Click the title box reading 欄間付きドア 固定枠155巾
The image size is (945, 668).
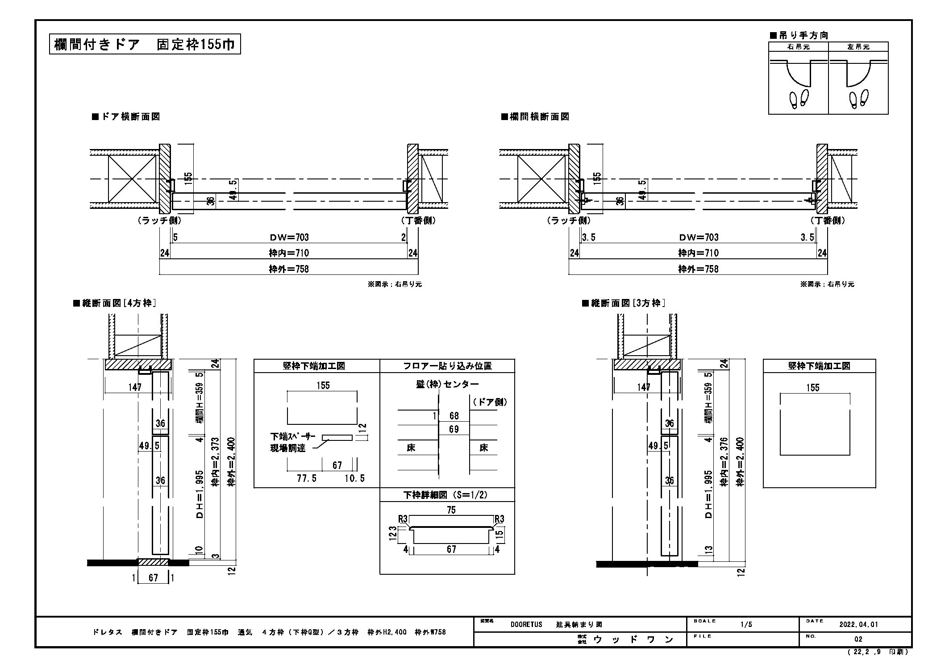coord(145,45)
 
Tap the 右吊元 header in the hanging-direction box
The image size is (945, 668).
coord(798,47)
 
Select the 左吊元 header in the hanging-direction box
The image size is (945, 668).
coord(858,47)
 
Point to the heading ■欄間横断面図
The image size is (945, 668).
coord(535,117)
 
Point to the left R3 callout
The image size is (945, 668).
coord(403,519)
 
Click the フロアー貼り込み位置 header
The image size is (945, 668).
coord(447,366)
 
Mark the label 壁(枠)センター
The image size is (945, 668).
coord(447,384)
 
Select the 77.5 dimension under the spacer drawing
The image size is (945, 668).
coord(307,478)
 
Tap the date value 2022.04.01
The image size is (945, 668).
coord(858,624)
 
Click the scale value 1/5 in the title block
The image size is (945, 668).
coord(746,624)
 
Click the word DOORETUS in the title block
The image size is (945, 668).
coord(526,624)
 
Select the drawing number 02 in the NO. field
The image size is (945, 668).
coord(858,639)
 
